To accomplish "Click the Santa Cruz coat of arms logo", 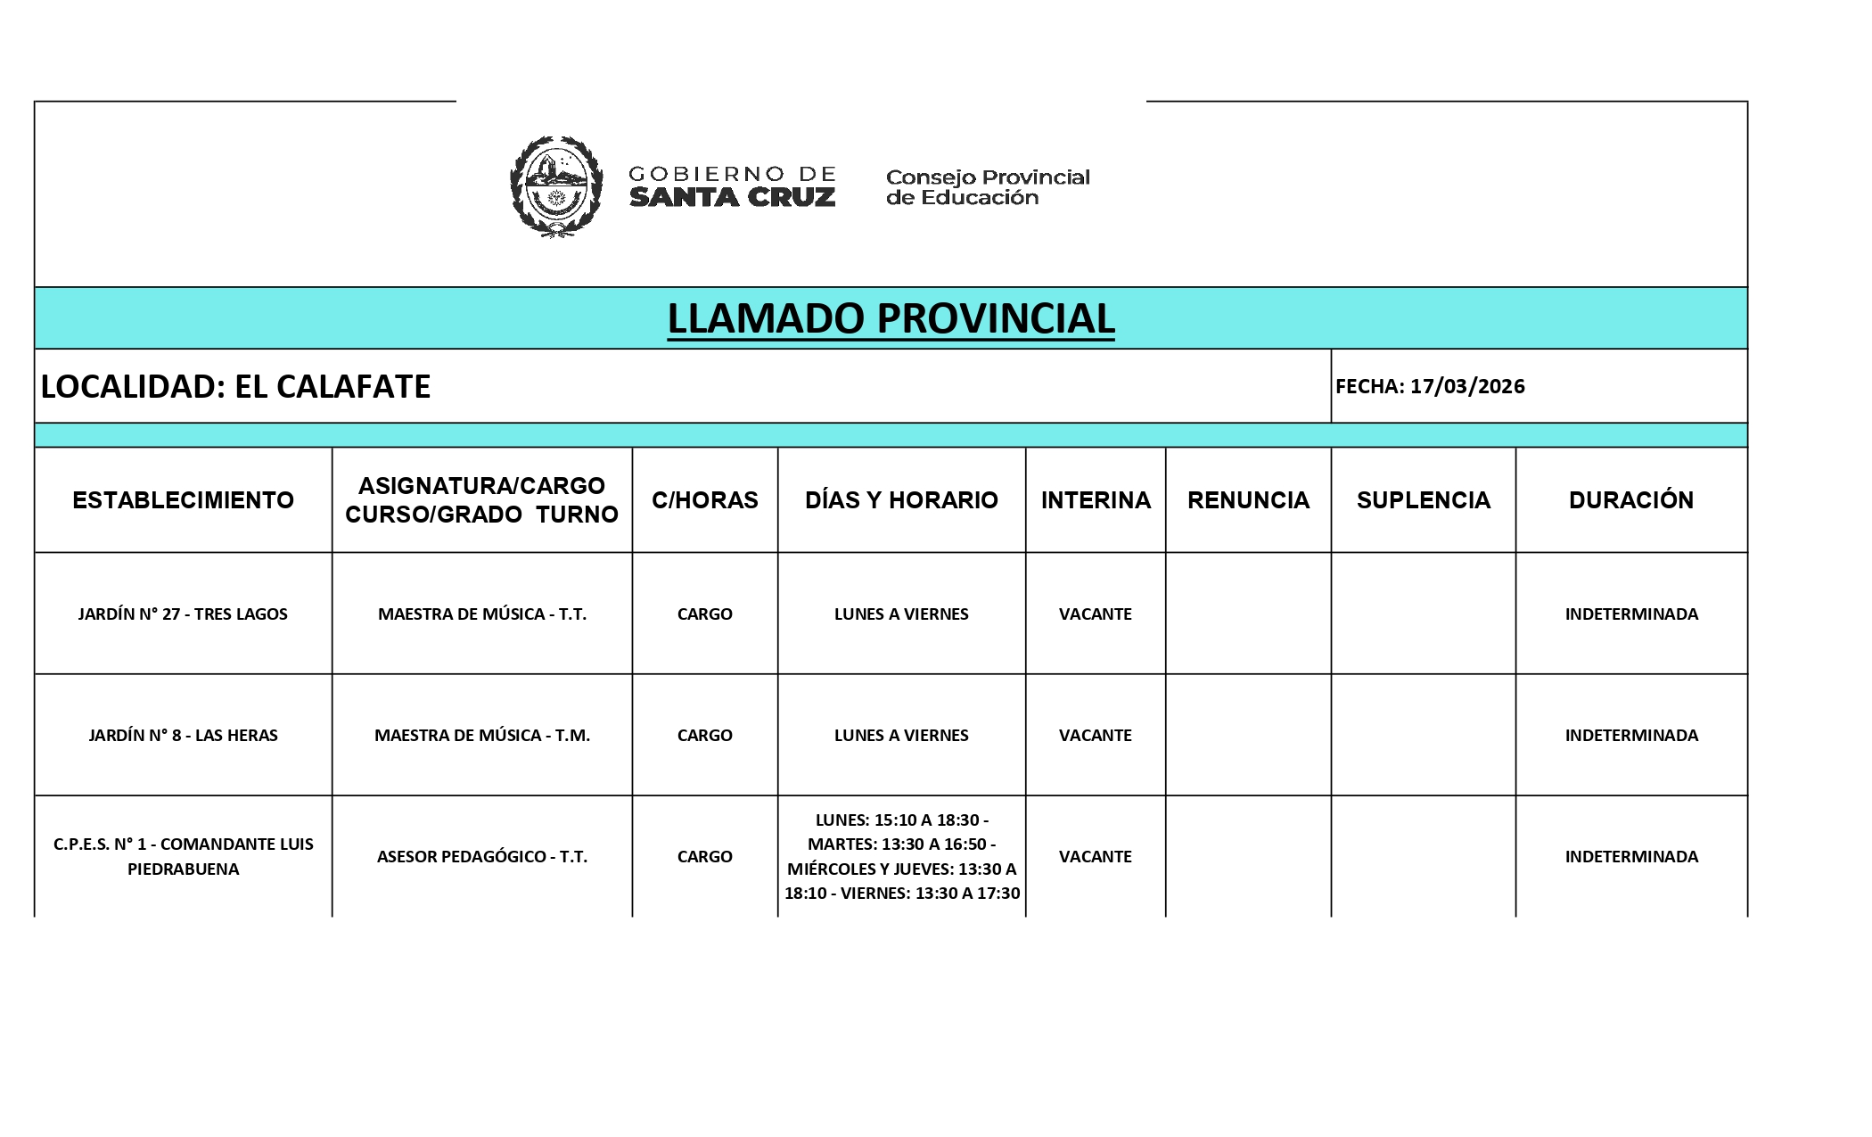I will (x=555, y=186).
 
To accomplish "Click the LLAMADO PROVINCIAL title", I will (x=891, y=318).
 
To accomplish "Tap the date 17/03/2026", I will (x=1466, y=386).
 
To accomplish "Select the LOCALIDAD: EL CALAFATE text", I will (x=236, y=386).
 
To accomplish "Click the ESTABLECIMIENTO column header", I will (x=183, y=499).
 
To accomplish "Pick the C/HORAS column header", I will (x=704, y=499).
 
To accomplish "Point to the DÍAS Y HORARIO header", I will (x=901, y=499).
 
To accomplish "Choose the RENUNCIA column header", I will (x=1248, y=499).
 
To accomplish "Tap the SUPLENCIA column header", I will (x=1423, y=499).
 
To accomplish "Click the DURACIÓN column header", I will (x=1630, y=499).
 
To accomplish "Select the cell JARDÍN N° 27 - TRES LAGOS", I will (x=183, y=614).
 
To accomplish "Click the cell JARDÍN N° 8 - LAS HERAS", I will (x=183, y=735).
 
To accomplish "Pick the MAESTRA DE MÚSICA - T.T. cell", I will (x=481, y=614).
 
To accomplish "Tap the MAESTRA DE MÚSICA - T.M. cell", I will (x=481, y=735).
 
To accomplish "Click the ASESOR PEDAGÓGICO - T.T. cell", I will (x=481, y=856).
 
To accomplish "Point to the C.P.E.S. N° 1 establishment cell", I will (x=183, y=856).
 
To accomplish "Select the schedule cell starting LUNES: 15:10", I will (x=901, y=856).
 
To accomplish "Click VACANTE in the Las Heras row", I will (x=1095, y=735).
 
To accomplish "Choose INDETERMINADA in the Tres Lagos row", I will (x=1630, y=614).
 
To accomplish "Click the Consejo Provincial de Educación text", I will (x=987, y=187).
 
